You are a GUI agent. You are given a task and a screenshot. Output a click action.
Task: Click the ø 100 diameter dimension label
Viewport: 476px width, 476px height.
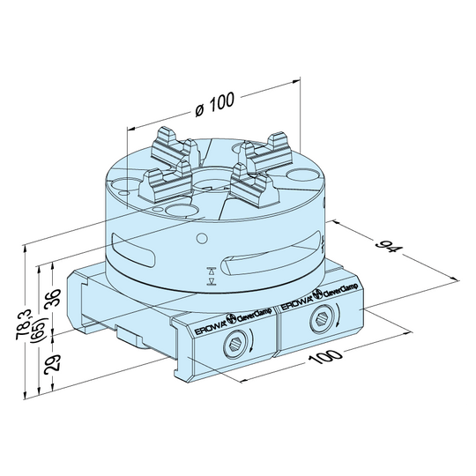point(213,103)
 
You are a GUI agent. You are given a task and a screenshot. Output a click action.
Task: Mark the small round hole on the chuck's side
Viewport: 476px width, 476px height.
point(203,236)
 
